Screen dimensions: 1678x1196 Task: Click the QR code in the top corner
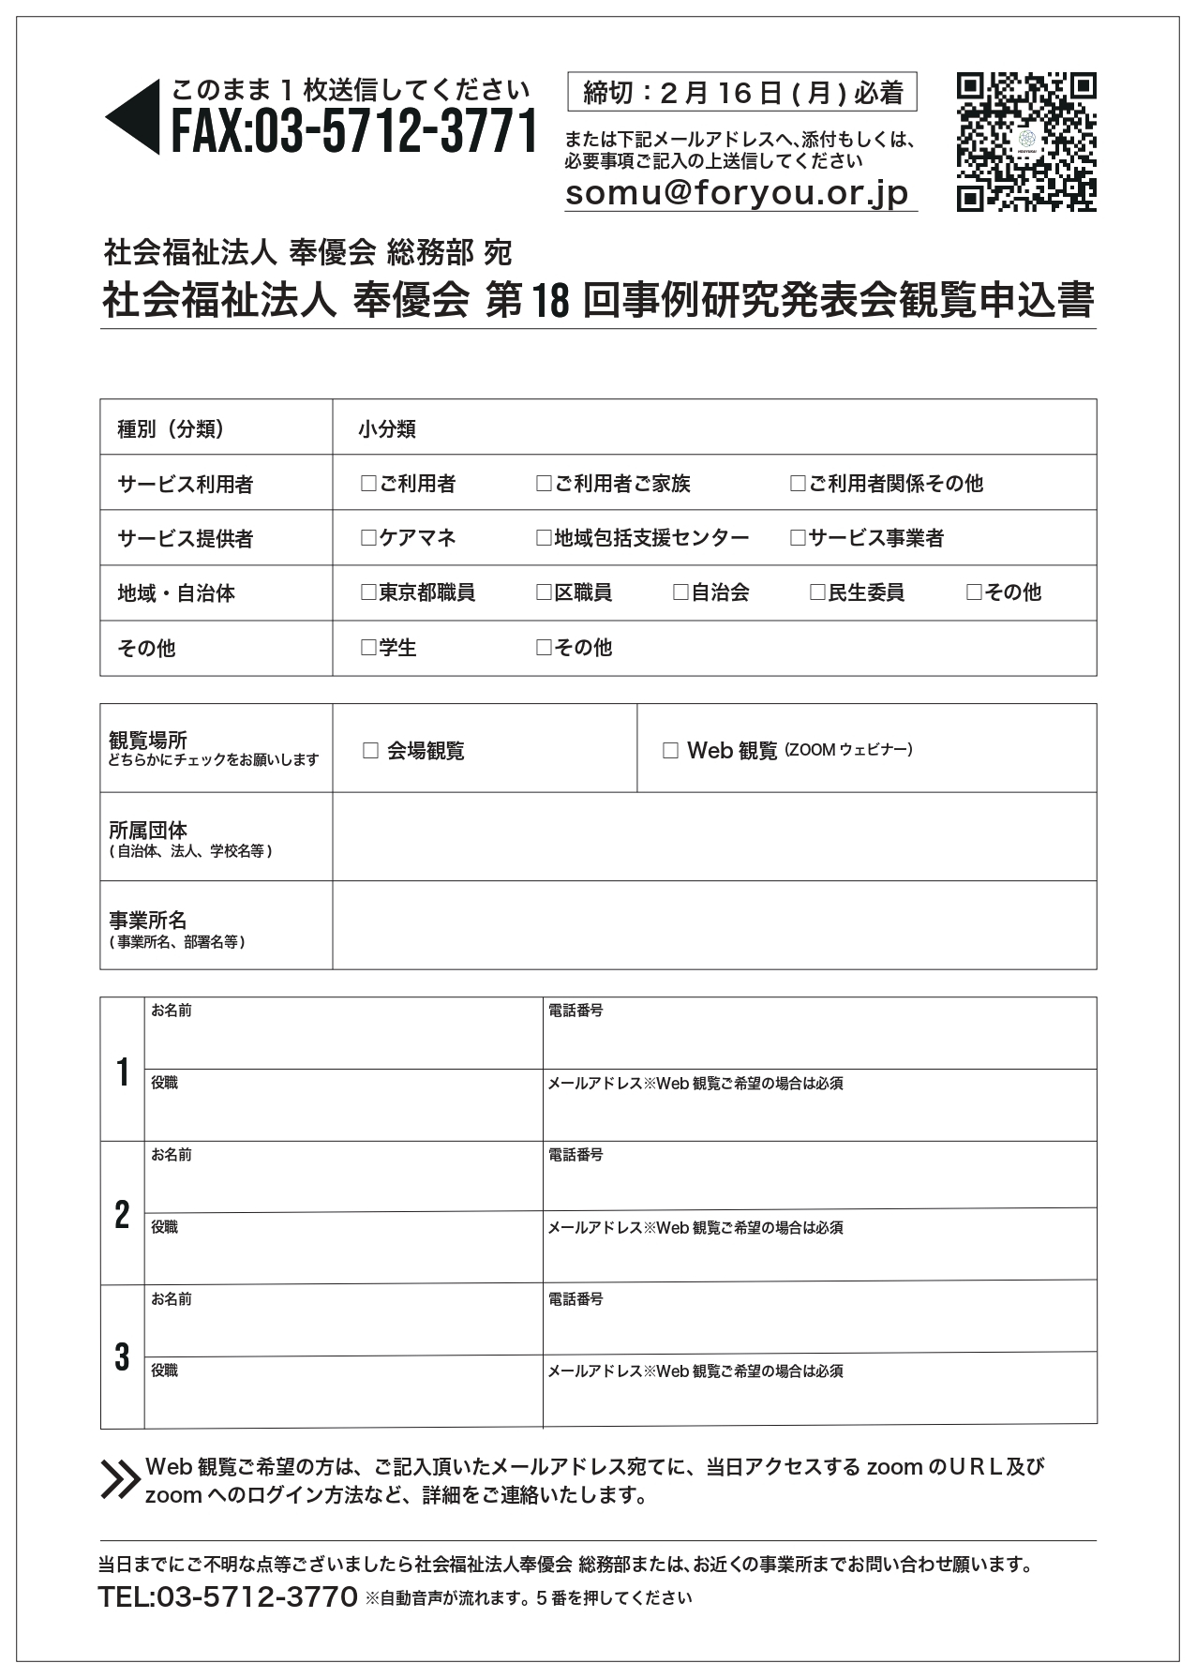(x=1025, y=142)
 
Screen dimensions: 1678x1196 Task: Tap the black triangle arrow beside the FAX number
(x=134, y=117)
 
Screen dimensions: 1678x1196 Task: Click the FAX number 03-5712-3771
(x=354, y=130)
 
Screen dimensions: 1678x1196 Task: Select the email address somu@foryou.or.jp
(x=738, y=193)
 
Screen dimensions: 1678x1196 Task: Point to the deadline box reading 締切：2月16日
(x=741, y=92)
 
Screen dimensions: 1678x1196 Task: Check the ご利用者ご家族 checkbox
(x=544, y=484)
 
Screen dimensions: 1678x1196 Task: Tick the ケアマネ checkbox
(x=368, y=538)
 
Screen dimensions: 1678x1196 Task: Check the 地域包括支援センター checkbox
(x=544, y=538)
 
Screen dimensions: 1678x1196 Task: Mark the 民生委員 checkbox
(x=817, y=592)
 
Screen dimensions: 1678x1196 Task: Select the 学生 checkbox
(x=368, y=648)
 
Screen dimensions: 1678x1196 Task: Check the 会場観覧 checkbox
(x=370, y=751)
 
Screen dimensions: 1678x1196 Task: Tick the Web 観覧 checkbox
(x=670, y=751)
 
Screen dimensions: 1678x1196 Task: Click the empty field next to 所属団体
(x=714, y=836)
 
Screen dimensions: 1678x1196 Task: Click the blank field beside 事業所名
(x=714, y=925)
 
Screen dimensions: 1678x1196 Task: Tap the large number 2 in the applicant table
(x=122, y=1215)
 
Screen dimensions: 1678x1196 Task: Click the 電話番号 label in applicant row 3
(x=576, y=1299)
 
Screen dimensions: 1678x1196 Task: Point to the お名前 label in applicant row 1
(x=172, y=1011)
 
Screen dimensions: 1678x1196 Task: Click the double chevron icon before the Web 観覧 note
(x=120, y=1479)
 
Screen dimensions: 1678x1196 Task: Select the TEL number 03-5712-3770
(x=228, y=1596)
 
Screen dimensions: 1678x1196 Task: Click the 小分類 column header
(x=387, y=429)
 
